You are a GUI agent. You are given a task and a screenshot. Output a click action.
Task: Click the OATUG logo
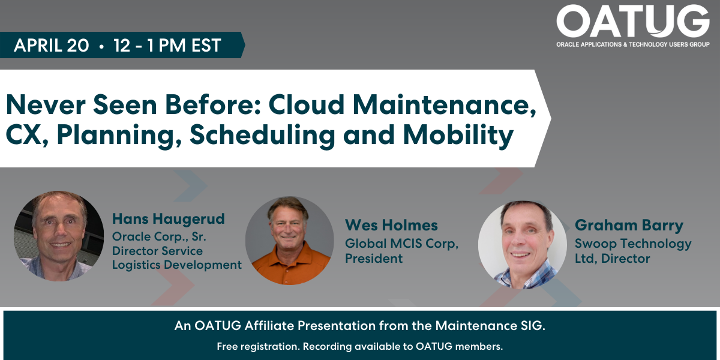pos(633,26)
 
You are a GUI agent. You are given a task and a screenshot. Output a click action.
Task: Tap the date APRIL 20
pos(52,45)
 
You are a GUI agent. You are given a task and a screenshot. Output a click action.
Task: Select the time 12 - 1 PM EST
pos(167,45)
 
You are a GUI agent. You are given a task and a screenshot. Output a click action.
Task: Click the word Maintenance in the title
pos(445,105)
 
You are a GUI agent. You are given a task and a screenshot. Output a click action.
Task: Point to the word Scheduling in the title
pos(263,135)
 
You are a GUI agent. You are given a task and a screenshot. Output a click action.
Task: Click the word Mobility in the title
pos(458,135)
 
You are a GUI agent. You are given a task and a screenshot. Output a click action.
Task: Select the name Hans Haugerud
pos(169,219)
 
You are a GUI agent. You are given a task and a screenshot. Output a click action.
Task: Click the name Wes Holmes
pos(391,225)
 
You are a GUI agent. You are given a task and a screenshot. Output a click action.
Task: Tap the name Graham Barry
pos(629,226)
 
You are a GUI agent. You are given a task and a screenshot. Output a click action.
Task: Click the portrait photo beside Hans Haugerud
pos(59,236)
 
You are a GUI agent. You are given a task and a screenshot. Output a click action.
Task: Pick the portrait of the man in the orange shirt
pos(290,241)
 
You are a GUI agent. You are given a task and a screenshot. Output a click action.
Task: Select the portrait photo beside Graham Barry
pos(523,245)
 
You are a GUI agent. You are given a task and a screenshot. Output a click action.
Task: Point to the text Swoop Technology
pos(633,244)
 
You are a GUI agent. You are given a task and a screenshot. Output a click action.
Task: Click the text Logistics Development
pos(177,265)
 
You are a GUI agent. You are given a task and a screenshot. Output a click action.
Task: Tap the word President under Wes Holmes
pos(374,259)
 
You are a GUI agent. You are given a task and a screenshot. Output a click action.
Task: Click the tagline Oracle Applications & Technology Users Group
pos(633,44)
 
